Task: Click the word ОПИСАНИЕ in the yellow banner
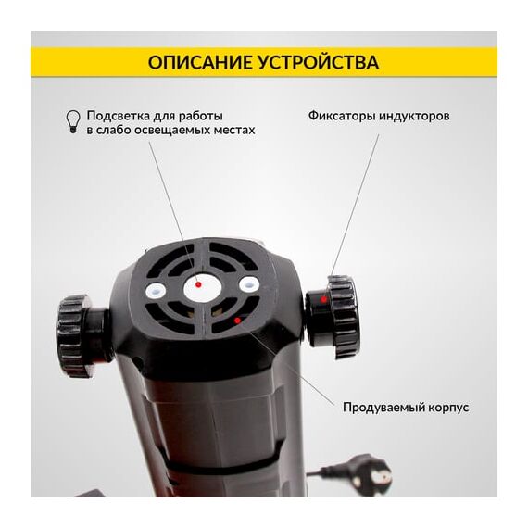pos(201,62)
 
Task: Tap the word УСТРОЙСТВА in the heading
pos(320,62)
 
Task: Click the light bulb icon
pos(73,121)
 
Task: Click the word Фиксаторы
pos(342,116)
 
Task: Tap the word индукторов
pos(414,116)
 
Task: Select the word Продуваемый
pos(383,408)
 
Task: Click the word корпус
pos(448,409)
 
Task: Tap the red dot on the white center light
pos(198,285)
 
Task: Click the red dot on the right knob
pos(323,299)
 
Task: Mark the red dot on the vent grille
pos(237,320)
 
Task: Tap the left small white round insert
pos(156,289)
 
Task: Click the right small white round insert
pos(249,285)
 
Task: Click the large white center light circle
pos(203,289)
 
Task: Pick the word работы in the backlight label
pos(201,117)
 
